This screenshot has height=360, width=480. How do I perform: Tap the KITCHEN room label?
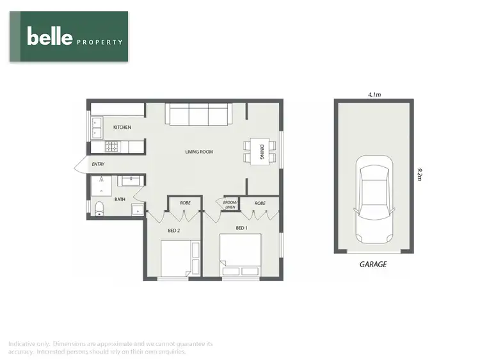click(x=122, y=127)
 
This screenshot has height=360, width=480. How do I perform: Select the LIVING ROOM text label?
click(x=198, y=152)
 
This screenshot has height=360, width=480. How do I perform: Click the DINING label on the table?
click(x=262, y=152)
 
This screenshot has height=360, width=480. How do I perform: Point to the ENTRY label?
click(x=98, y=165)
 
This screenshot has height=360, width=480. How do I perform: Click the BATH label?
click(x=120, y=199)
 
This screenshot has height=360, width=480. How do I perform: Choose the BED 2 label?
click(x=173, y=230)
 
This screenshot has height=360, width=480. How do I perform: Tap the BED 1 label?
click(x=241, y=228)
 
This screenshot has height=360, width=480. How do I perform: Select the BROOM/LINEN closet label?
click(x=230, y=204)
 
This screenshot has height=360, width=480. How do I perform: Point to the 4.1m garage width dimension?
click(x=374, y=95)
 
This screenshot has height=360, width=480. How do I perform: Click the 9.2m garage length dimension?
click(x=419, y=175)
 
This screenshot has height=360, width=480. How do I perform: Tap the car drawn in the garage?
click(x=373, y=202)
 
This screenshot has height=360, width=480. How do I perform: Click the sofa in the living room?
click(x=198, y=115)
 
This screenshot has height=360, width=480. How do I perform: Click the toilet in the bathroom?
click(x=98, y=208)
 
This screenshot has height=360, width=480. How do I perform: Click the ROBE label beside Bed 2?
click(x=185, y=203)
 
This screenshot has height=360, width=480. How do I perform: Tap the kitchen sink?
click(x=97, y=128)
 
